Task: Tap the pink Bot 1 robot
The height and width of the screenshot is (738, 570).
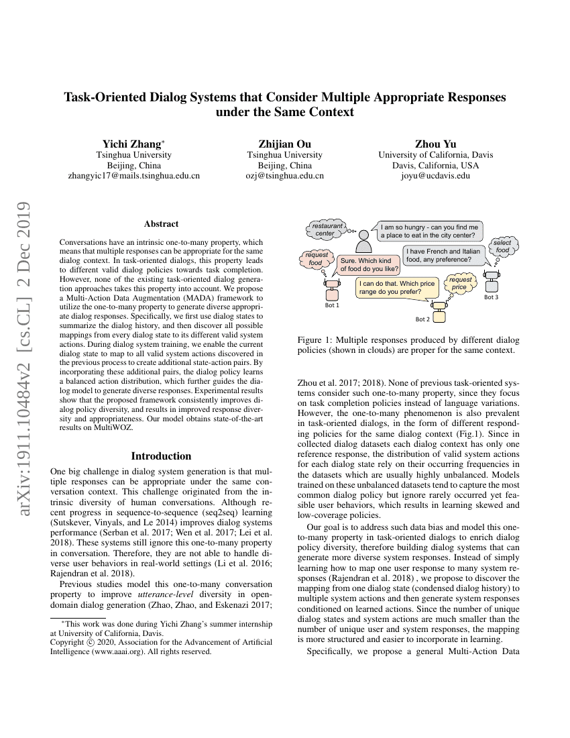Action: [x=332, y=291]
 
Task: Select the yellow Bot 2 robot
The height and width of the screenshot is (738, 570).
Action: [x=439, y=311]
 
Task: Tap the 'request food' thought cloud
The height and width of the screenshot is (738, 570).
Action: [x=316, y=259]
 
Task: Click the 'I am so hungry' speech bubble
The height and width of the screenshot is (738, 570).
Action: [x=429, y=231]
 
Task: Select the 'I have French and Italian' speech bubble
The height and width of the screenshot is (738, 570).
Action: [x=443, y=255]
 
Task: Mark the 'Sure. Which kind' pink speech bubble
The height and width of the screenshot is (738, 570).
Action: [x=368, y=264]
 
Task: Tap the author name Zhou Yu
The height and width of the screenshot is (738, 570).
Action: [x=435, y=144]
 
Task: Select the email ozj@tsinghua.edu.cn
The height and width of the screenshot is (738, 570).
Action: [x=284, y=176]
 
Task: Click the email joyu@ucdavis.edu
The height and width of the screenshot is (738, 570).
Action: [x=435, y=176]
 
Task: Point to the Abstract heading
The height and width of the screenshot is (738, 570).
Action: [x=161, y=224]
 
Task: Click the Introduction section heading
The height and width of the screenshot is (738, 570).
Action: [x=161, y=456]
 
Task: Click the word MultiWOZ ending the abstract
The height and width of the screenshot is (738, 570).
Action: [x=115, y=426]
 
